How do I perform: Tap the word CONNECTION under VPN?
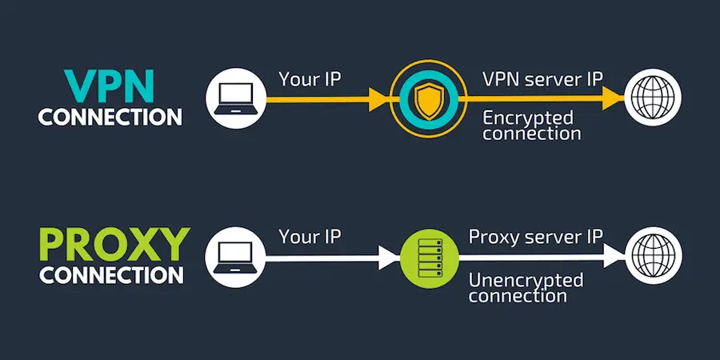coord(110,117)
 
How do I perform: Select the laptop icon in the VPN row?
coord(235,99)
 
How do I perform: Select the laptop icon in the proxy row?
coord(235,258)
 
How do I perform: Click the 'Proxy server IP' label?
coord(537,238)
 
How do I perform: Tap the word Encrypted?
coord(527,118)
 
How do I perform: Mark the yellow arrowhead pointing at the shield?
coord(378,100)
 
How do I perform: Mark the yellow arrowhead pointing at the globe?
coord(613,99)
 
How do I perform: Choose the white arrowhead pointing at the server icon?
coord(389,258)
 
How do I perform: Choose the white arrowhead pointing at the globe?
coord(613,258)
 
